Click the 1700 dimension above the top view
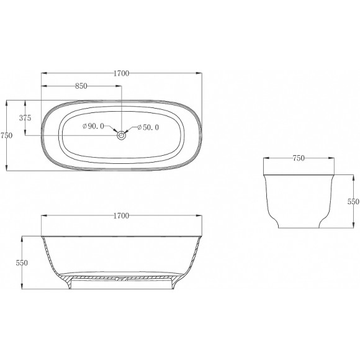(122, 73)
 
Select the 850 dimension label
(81, 86)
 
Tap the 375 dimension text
(25, 118)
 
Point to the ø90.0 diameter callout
(93, 126)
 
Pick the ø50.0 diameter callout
(148, 127)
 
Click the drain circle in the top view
(122, 135)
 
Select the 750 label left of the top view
(6, 135)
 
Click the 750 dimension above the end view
(299, 158)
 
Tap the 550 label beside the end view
(353, 202)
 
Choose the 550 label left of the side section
(22, 263)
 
